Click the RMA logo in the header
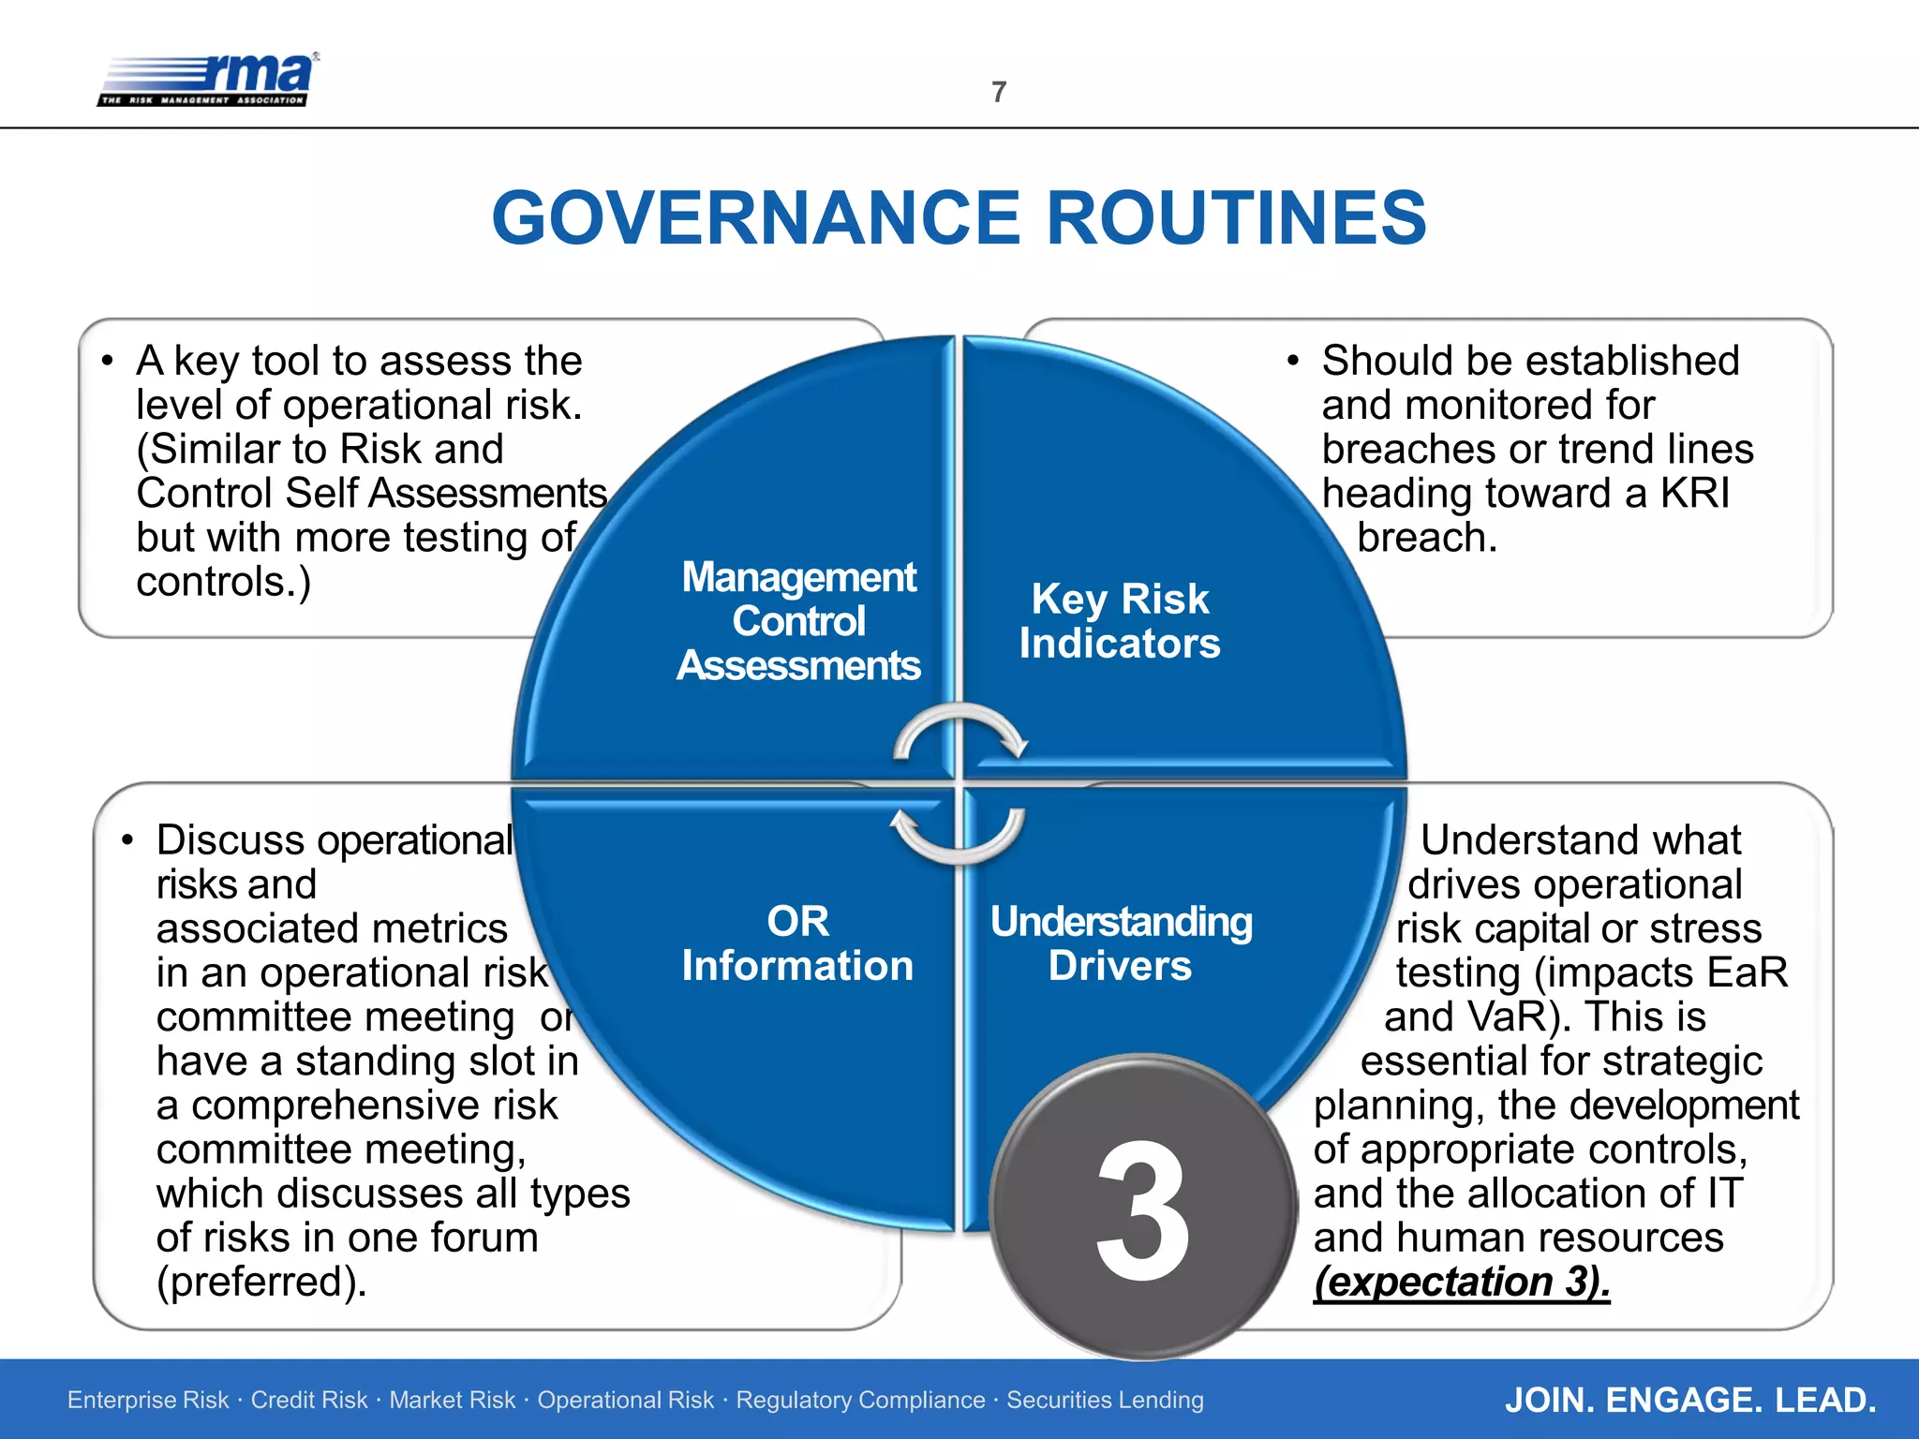208,80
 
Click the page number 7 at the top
999,92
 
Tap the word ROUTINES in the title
1236,218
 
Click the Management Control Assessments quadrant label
799,621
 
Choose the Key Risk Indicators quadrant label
1120,621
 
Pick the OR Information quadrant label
797,943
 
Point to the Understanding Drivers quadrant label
1121,943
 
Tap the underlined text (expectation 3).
1462,1282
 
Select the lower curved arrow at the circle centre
958,835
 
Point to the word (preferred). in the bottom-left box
261,1282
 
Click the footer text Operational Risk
625,1400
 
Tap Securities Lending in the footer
1105,1400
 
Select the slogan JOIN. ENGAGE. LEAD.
1690,1400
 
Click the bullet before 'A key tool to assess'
108,361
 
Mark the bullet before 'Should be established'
1293,361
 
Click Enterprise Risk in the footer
148,1400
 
